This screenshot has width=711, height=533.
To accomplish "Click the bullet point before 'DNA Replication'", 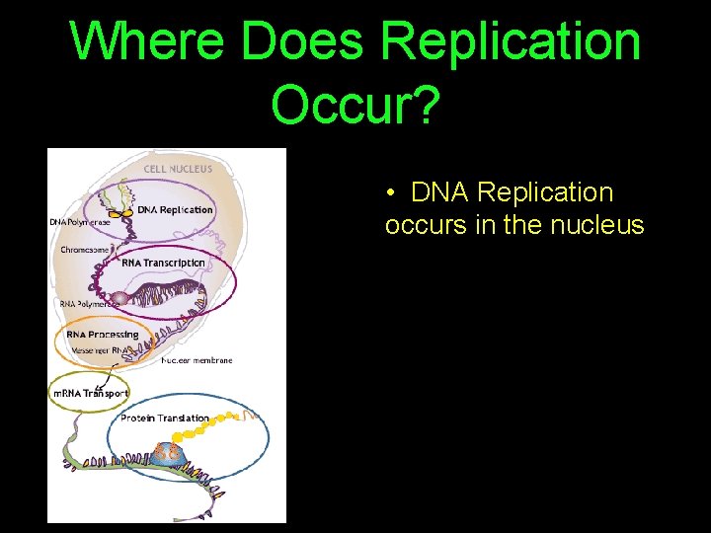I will (x=392, y=192).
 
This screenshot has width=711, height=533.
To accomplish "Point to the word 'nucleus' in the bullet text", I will (x=599, y=225).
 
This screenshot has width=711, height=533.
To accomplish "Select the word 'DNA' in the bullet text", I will (x=440, y=192).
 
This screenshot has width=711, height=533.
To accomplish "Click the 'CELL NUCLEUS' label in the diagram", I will (x=178, y=169).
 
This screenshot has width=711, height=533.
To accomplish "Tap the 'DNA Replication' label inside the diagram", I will (x=175, y=209).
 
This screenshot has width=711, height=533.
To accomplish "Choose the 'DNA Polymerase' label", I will (x=80, y=222).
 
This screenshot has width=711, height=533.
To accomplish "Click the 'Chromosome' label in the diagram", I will (x=85, y=250).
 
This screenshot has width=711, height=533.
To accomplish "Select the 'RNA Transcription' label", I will (x=163, y=263).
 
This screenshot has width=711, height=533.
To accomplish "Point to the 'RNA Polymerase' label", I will (x=88, y=304).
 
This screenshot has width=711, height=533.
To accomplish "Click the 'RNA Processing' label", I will (x=103, y=335).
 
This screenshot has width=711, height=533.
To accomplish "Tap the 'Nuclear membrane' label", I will (x=197, y=360).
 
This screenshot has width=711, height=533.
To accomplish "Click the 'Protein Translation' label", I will (x=165, y=419).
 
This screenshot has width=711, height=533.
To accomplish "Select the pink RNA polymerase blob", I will (x=119, y=298).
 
